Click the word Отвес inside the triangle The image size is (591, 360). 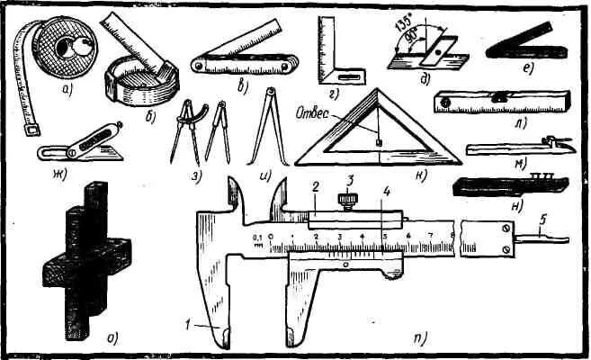tap(313, 113)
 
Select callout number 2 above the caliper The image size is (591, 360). tap(316, 187)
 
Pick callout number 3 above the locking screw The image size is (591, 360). tap(353, 180)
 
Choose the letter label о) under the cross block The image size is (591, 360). tap(113, 338)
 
